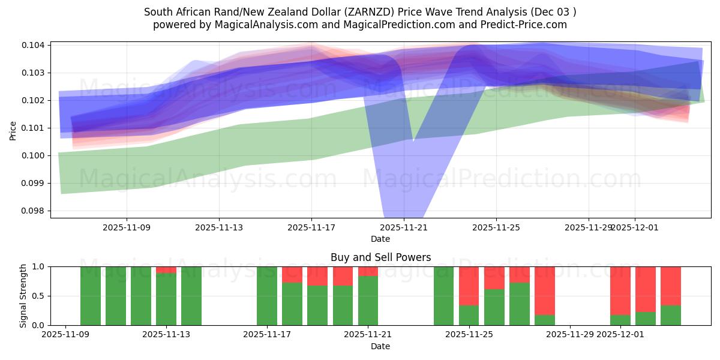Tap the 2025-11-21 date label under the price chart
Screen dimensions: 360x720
(404, 227)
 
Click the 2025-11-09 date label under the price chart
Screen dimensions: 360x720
(127, 227)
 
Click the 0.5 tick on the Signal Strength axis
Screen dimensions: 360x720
(39, 296)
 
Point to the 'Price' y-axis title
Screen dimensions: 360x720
(13, 130)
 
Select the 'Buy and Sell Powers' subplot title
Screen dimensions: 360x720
(380, 257)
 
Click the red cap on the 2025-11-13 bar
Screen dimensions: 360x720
(166, 269)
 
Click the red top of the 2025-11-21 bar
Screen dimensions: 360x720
(368, 271)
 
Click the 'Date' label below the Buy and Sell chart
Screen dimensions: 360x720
(380, 346)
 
